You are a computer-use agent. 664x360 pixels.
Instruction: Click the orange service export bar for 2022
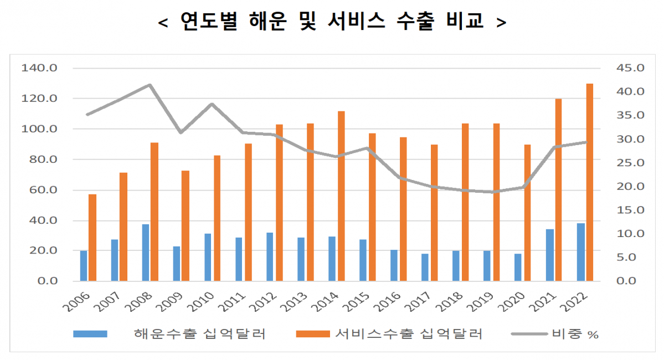pos(590,182)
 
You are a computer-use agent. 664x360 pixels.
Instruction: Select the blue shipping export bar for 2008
pos(146,253)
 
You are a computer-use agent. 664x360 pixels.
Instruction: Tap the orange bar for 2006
pos(92,238)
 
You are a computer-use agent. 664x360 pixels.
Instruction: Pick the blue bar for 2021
pos(549,255)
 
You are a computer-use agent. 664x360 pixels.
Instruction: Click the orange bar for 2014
pos(341,196)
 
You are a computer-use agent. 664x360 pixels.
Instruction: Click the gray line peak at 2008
pos(150,85)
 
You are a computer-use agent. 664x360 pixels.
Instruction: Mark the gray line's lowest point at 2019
pos(496,192)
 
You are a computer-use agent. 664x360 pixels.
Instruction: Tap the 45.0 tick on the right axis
pos(630,68)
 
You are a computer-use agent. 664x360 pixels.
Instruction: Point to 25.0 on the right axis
pos(630,163)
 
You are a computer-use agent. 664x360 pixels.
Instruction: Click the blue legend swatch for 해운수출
pos(90,334)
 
